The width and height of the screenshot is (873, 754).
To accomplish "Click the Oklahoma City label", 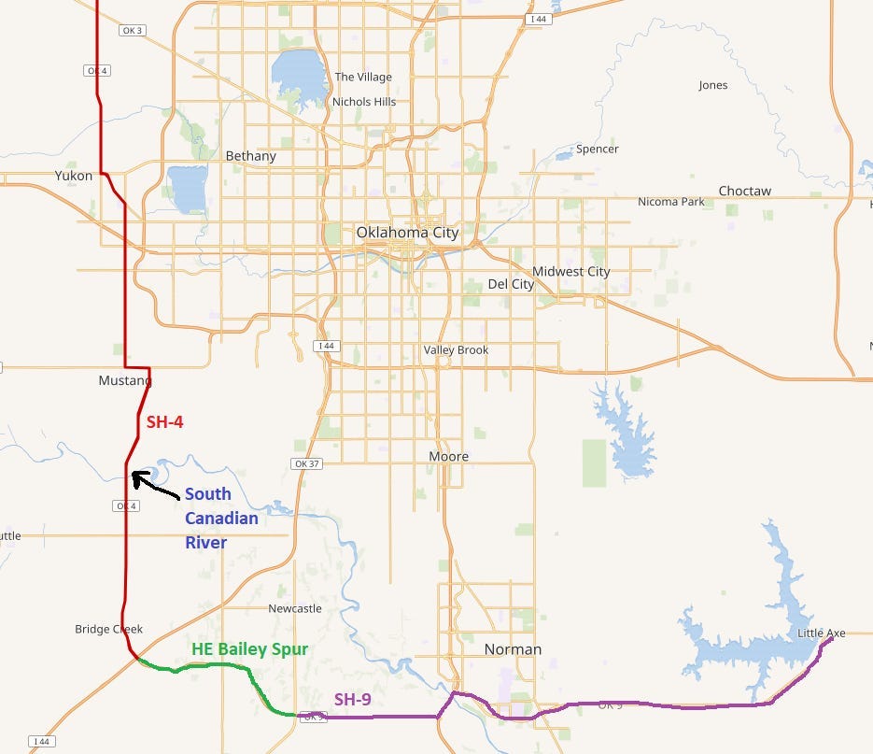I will point(407,233).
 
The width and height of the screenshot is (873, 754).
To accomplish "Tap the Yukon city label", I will point(73,175).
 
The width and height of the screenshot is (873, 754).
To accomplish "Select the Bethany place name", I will point(251,156).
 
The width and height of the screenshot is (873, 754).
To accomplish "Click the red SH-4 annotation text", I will point(164,422).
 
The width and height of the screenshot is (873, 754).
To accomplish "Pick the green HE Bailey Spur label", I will point(249,648).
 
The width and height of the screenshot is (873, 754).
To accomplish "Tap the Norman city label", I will point(513,649).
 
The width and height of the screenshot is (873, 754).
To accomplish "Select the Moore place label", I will point(448,457).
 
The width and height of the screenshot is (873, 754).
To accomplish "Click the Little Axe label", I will point(822,633).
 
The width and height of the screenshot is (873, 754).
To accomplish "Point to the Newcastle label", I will point(295,608).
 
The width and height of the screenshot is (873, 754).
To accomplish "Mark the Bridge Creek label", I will point(109,630).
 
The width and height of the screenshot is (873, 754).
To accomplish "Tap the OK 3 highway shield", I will point(133,31).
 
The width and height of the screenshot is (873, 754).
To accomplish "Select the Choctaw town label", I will point(744,191).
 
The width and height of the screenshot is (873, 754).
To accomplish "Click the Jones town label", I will point(712,85).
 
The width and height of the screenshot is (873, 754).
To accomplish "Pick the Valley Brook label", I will point(456,350).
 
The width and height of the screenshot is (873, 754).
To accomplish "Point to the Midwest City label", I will point(571,272).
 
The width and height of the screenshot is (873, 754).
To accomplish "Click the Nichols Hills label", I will point(364,102).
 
